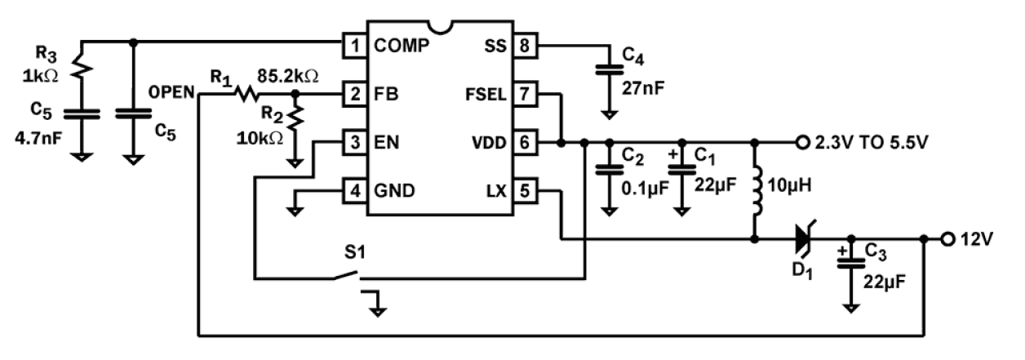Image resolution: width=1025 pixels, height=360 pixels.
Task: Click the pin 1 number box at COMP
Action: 353,45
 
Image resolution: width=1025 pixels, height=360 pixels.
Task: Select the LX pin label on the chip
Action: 495,192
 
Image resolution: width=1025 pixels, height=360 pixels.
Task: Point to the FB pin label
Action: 388,94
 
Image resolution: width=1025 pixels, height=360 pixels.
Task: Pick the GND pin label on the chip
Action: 395,192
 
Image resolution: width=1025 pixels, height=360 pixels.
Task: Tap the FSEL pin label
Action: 484,94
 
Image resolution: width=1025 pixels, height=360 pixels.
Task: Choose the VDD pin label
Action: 487,143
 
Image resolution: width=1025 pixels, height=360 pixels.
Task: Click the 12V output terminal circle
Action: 947,239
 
